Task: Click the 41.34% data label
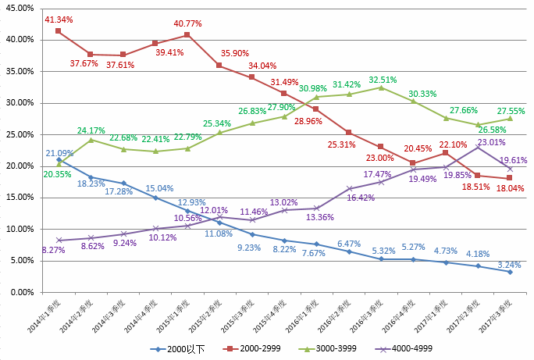click(59, 19)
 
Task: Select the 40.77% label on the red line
click(187, 23)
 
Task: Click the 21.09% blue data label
click(59, 153)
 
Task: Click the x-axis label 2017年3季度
click(493, 316)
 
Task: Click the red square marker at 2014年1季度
click(59, 30)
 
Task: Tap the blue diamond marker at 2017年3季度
click(509, 272)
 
